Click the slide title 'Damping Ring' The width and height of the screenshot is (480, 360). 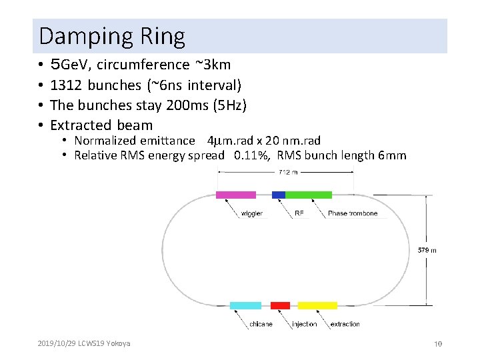(112, 36)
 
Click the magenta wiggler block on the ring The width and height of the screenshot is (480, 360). (235, 195)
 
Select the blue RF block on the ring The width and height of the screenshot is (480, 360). (279, 195)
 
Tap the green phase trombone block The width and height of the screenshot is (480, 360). (309, 195)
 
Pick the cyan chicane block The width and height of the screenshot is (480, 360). (245, 305)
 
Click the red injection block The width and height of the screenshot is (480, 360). (280, 305)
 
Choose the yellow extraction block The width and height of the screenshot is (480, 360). (317, 305)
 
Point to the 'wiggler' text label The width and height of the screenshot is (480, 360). (251, 213)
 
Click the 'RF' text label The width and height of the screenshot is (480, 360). (299, 213)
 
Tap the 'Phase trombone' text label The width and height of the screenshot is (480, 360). (353, 213)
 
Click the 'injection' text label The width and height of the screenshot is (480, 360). (304, 325)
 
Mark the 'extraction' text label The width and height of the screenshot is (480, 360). (345, 325)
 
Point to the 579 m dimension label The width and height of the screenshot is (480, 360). (427, 250)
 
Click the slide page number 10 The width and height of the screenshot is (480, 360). (438, 344)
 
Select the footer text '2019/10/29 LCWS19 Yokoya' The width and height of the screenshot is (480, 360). (84, 343)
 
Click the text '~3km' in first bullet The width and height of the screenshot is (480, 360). (213, 65)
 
